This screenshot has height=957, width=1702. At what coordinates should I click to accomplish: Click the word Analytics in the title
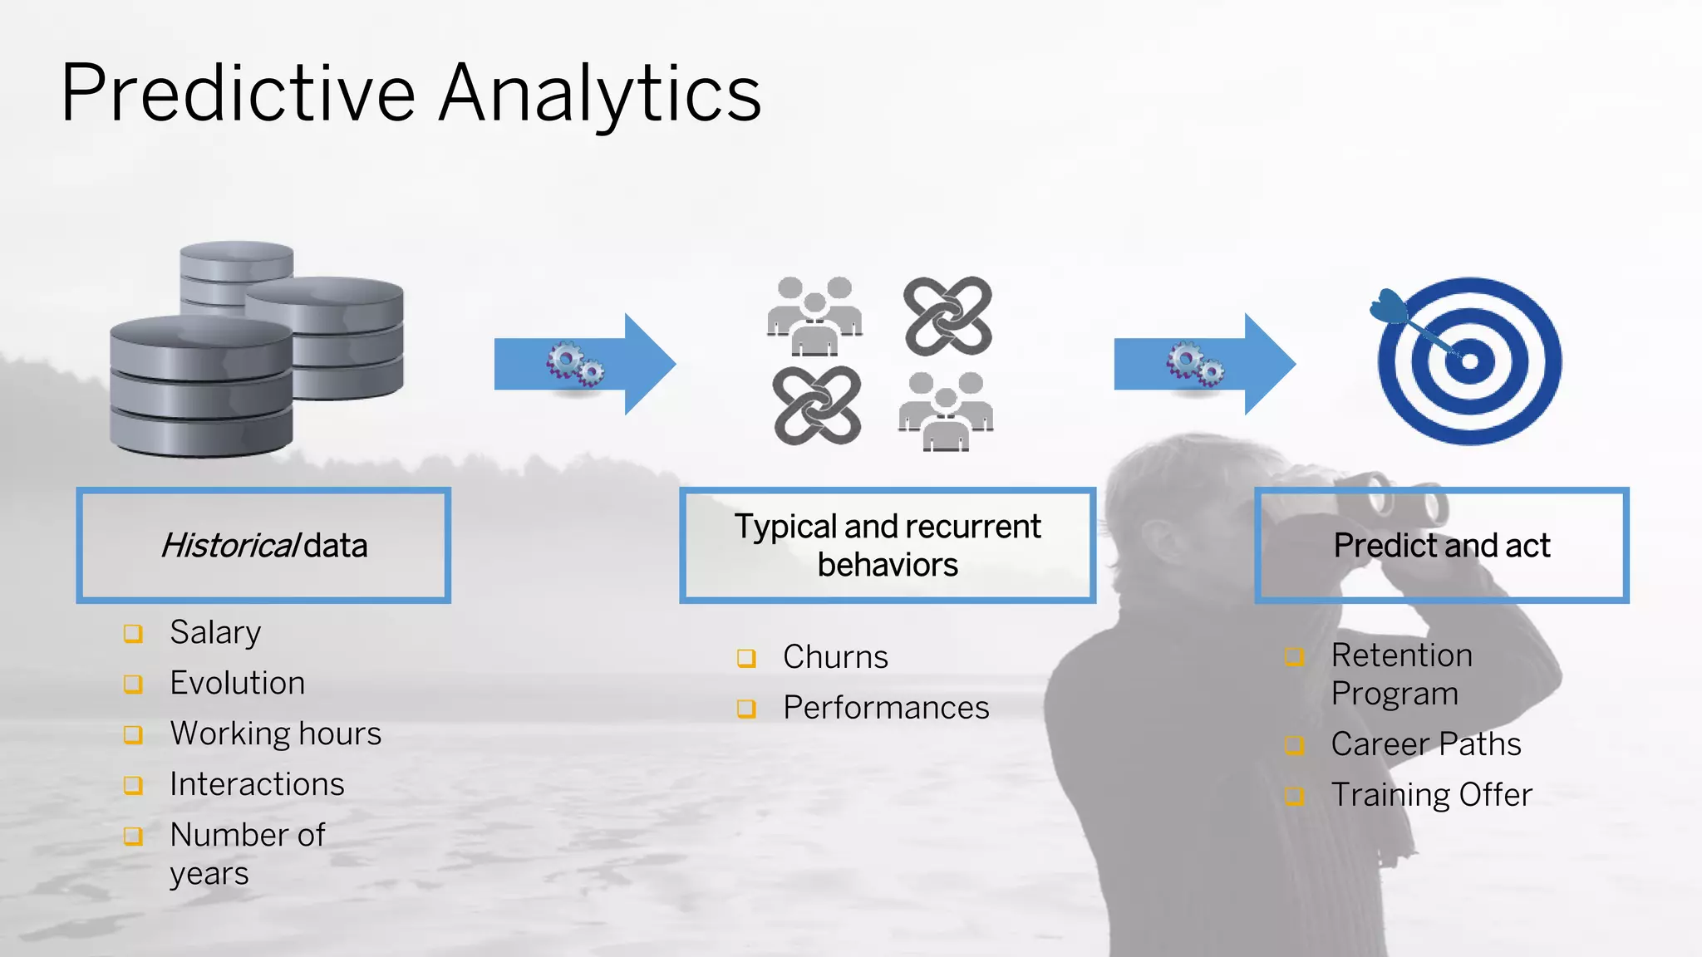(x=600, y=96)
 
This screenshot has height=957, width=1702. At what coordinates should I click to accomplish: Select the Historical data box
(x=263, y=545)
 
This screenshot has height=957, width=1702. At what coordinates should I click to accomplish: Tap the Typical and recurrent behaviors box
(x=888, y=545)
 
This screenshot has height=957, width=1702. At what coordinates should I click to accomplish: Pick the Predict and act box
(x=1441, y=545)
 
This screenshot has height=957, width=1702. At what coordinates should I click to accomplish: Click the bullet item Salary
(x=215, y=632)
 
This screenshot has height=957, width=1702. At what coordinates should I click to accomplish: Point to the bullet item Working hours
(x=275, y=734)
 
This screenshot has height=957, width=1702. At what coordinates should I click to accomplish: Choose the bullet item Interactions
(x=257, y=784)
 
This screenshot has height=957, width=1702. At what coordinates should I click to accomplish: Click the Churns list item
(x=835, y=657)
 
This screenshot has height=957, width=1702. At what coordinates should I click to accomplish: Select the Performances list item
(x=886, y=708)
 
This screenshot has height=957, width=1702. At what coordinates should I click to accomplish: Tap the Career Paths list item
(x=1426, y=744)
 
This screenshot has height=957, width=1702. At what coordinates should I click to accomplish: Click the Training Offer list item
(x=1431, y=795)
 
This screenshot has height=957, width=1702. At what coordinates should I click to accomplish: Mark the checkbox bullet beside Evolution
(x=133, y=684)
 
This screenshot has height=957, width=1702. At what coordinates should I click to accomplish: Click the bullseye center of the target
(x=1469, y=361)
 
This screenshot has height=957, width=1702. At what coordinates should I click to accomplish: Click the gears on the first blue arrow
(x=574, y=364)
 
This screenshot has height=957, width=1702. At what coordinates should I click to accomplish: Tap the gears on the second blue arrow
(x=1194, y=364)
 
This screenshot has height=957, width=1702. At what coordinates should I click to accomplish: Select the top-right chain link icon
(x=947, y=316)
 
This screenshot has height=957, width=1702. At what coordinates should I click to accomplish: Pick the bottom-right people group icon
(x=946, y=412)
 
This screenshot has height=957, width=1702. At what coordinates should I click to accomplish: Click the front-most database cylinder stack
(x=201, y=386)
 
